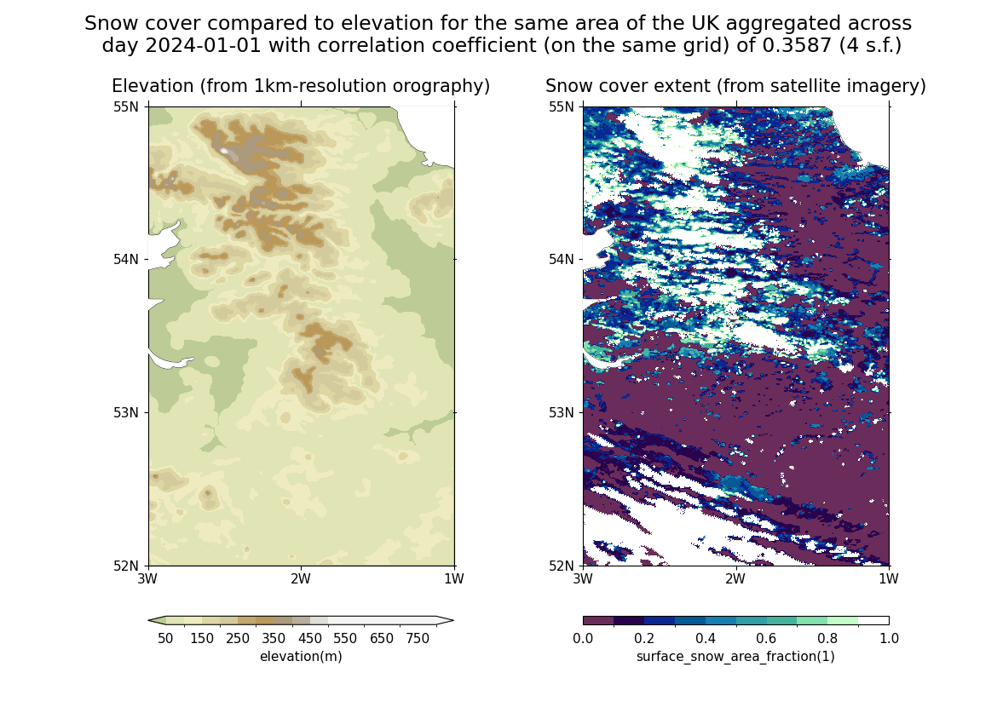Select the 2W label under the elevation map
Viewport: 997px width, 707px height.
300,580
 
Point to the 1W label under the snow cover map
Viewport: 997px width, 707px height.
889,580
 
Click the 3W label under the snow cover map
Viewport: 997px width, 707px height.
583,580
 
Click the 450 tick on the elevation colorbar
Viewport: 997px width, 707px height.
310,639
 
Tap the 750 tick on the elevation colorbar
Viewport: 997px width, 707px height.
418,639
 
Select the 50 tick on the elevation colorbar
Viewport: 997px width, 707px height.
165,639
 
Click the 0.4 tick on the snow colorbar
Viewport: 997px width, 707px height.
706,639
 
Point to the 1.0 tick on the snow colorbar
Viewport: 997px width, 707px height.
889,639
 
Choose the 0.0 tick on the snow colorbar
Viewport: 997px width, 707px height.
583,639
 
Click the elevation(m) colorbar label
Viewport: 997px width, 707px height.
301,657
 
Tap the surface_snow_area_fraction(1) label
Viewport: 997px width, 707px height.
735,657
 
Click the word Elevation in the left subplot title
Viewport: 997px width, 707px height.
150,86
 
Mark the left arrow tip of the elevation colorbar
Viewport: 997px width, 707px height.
149,620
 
